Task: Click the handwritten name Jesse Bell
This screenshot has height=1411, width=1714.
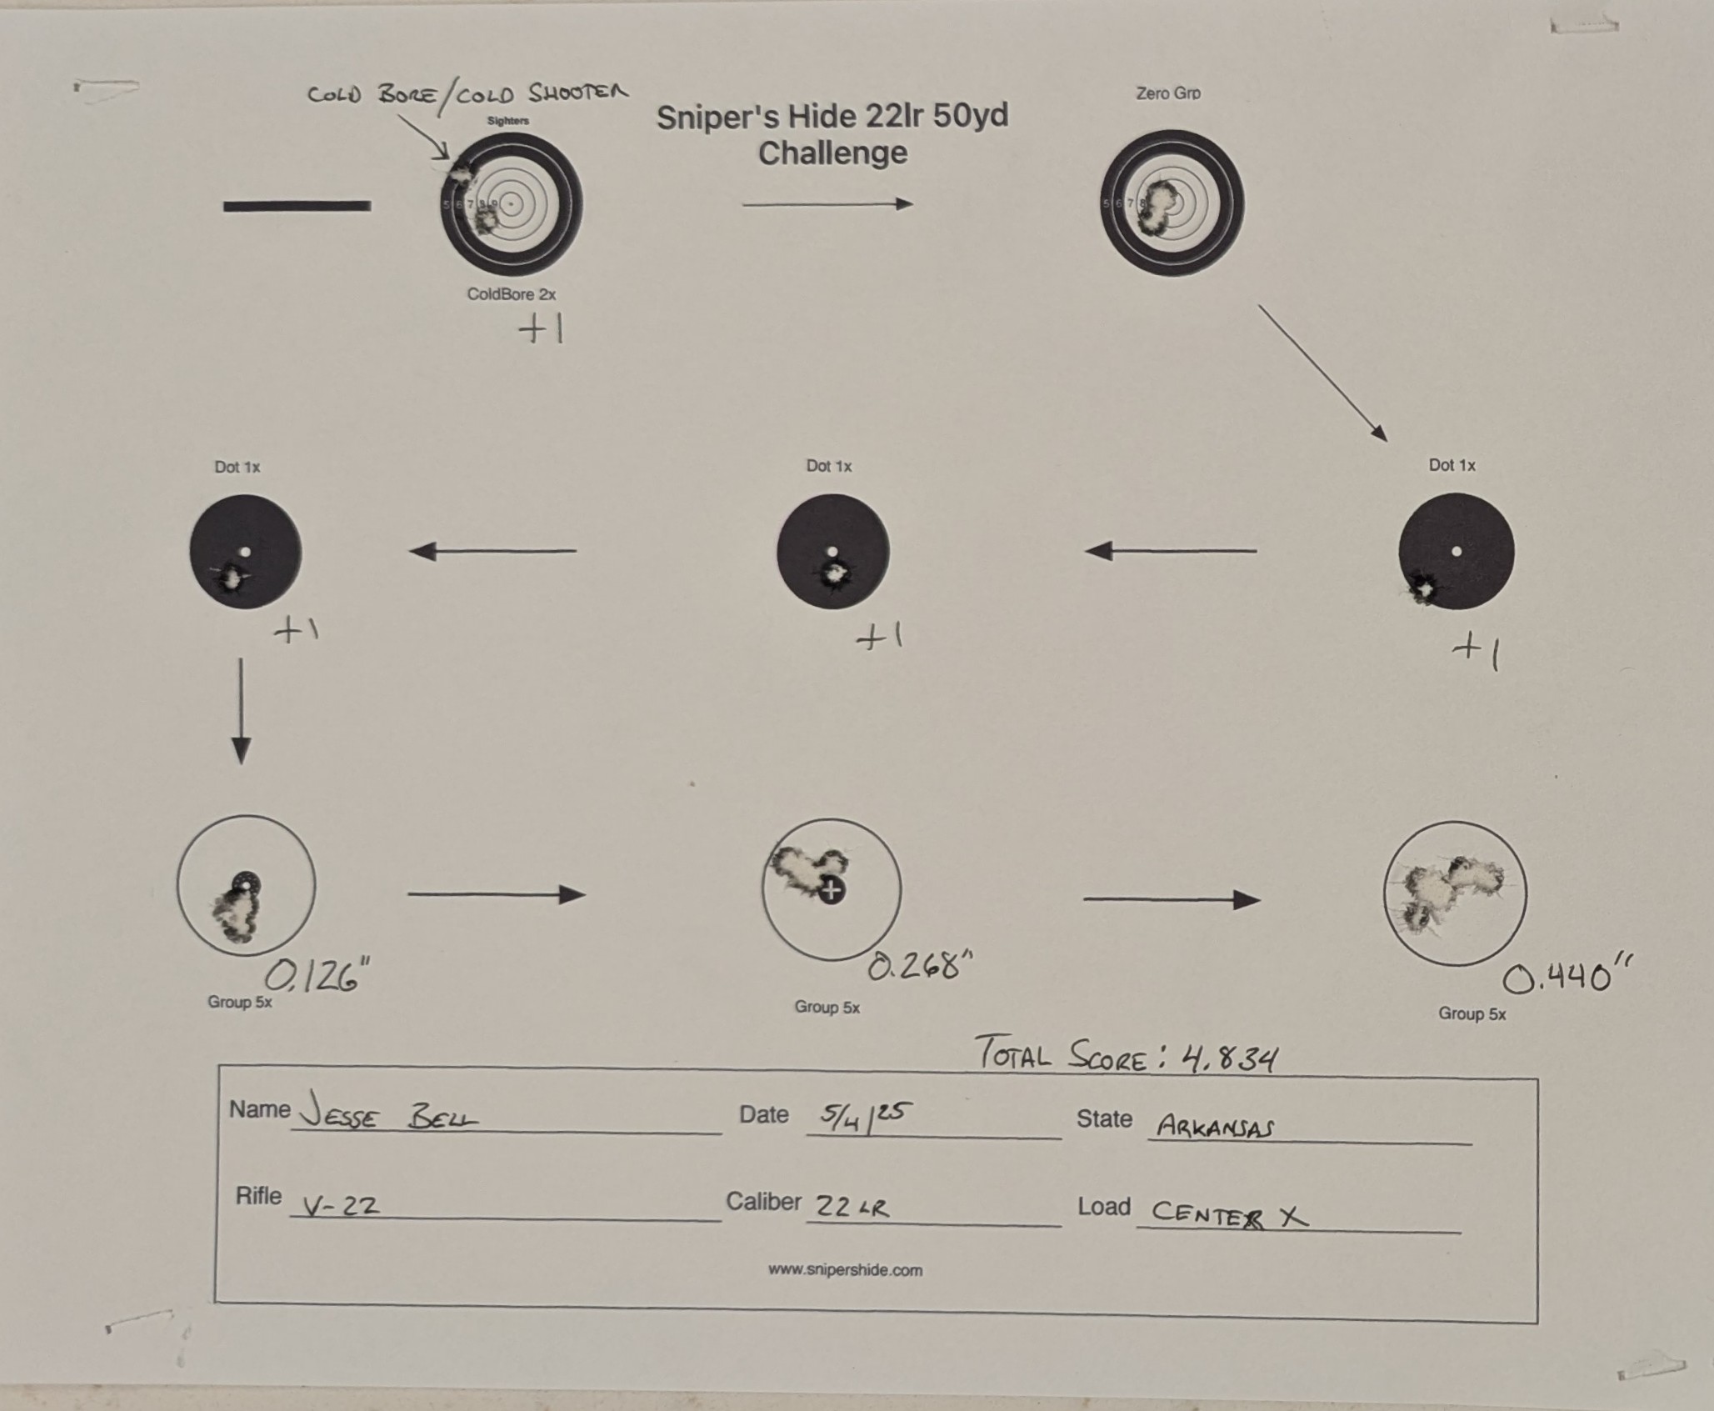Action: (389, 1113)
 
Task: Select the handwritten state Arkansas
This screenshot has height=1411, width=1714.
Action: (1216, 1128)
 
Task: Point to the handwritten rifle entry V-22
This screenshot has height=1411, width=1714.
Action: (340, 1204)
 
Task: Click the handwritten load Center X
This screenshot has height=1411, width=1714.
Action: (1229, 1215)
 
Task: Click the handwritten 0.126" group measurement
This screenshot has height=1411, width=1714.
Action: (317, 975)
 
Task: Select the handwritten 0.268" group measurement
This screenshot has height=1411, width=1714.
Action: (920, 965)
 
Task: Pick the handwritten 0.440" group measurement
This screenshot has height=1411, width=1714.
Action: (1567, 976)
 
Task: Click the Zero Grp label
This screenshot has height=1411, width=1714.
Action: (1168, 93)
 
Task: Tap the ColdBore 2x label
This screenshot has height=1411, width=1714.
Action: (511, 294)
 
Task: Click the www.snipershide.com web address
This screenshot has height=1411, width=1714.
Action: (845, 1270)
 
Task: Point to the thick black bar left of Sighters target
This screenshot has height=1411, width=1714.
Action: (297, 206)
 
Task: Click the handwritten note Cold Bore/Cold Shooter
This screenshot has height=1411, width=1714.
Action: (467, 93)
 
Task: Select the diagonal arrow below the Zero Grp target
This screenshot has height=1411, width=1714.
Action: (1322, 373)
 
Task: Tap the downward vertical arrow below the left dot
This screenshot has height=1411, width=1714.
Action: (241, 711)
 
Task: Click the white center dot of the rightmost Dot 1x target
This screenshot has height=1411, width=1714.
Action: (1457, 551)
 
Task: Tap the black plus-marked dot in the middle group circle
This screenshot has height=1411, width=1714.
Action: (831, 890)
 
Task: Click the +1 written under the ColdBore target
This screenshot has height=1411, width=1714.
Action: (542, 330)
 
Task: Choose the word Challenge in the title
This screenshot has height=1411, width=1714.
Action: (832, 153)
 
